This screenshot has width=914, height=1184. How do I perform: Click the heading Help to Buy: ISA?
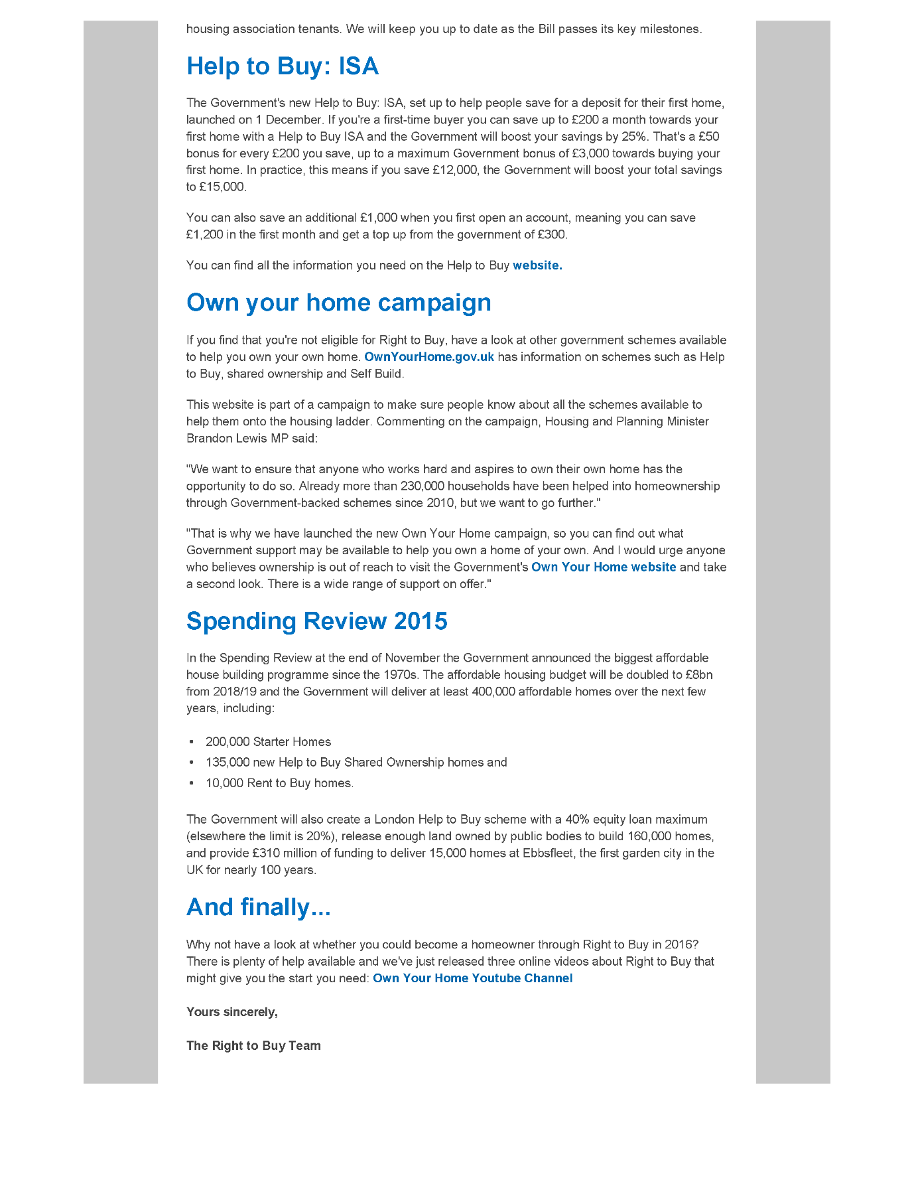(283, 66)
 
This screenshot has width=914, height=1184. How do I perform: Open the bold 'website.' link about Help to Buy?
(537, 265)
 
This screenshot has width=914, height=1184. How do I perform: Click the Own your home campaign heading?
(339, 303)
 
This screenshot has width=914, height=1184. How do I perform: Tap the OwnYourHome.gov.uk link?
(429, 357)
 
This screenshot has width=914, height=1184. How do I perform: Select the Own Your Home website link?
(604, 567)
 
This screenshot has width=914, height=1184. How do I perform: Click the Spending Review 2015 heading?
(317, 621)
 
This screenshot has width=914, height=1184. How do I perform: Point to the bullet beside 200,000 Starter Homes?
(192, 742)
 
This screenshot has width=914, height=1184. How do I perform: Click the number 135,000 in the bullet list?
(228, 763)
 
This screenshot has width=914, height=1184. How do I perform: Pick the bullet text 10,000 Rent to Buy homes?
(279, 783)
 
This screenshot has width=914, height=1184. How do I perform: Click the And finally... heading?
(259, 907)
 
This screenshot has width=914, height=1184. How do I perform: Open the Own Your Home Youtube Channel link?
(472, 978)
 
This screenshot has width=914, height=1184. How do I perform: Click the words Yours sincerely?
(232, 1012)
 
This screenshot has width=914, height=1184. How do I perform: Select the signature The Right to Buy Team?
(253, 1046)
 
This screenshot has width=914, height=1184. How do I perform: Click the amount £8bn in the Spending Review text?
(699, 675)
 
